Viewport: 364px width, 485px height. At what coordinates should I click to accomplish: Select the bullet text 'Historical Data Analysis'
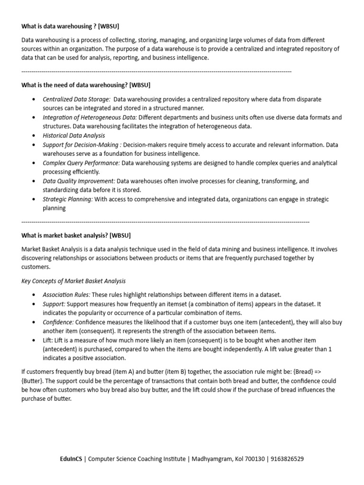[x=74, y=135]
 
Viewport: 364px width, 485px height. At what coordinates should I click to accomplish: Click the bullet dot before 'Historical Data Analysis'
[x=33, y=136]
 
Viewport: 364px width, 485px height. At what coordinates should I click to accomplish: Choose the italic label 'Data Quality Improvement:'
[x=79, y=181]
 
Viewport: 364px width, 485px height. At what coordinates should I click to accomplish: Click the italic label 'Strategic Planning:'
[x=68, y=199]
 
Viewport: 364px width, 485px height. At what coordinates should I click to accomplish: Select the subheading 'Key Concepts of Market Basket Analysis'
[x=73, y=281]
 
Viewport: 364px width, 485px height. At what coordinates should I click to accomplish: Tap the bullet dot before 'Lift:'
[x=33, y=341]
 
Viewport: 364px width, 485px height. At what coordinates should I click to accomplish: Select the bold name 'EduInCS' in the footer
[x=71, y=459]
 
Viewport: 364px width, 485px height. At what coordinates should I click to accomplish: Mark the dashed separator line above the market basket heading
[x=165, y=222]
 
